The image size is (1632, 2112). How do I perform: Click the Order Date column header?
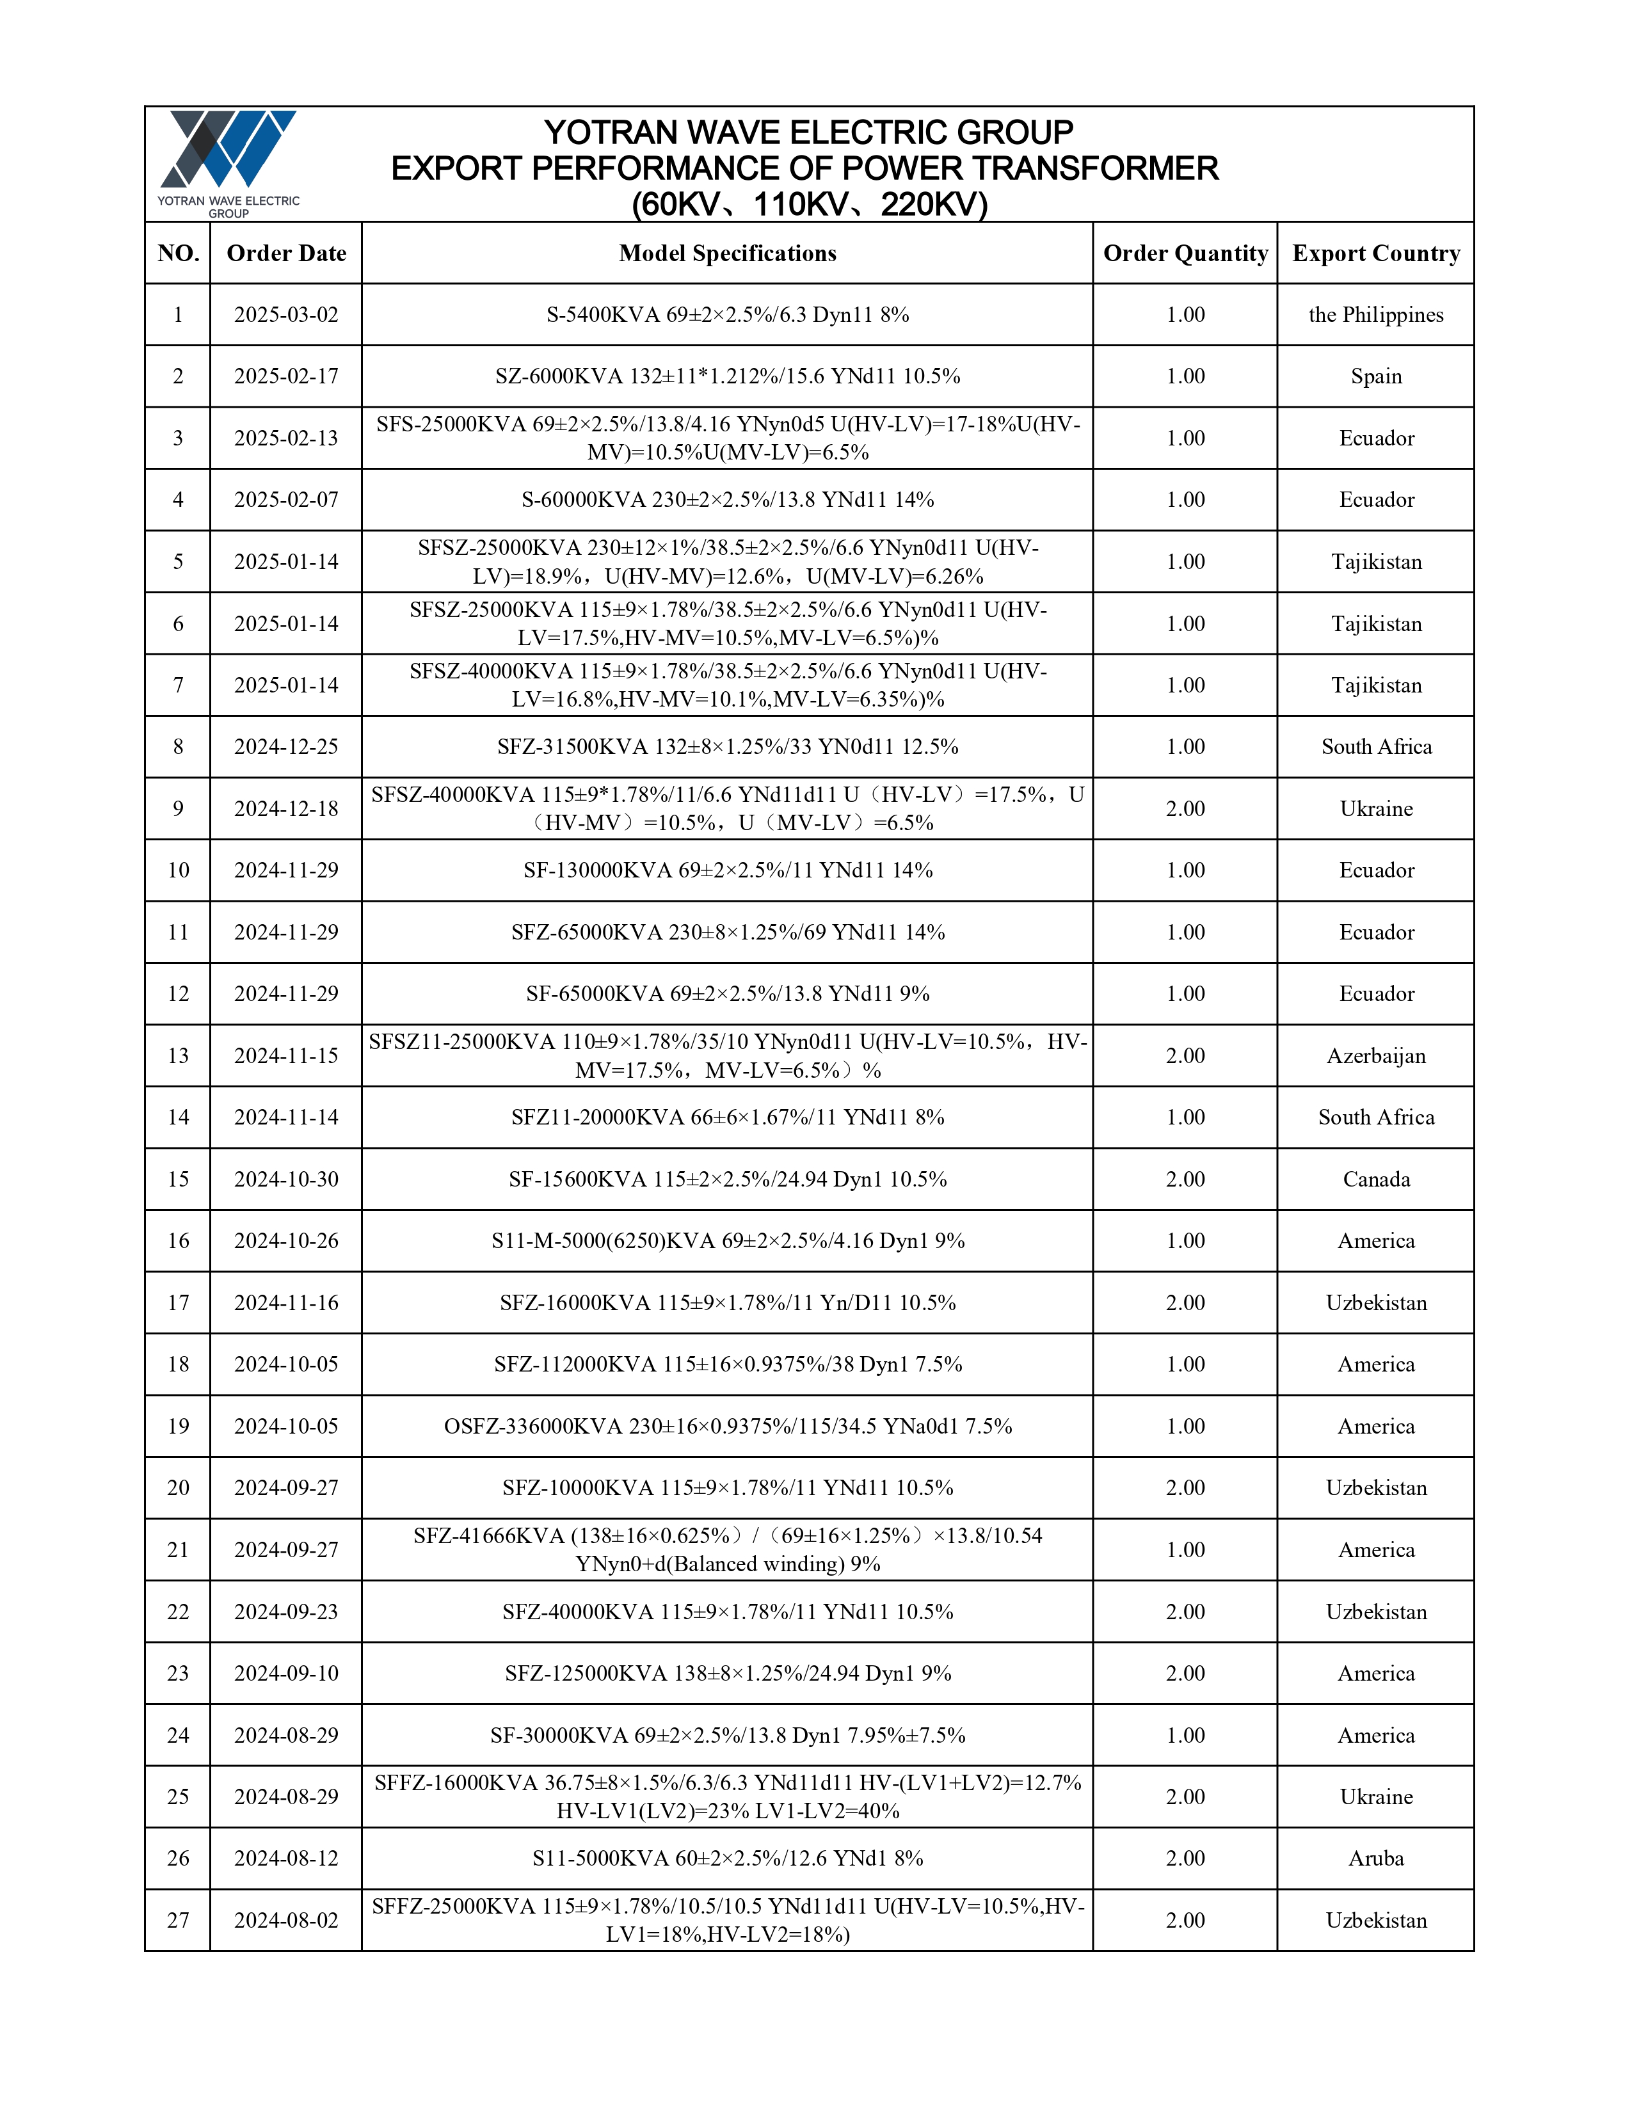tap(286, 253)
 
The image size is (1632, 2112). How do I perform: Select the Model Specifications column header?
tap(727, 253)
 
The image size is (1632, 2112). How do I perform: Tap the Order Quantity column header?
tap(1185, 253)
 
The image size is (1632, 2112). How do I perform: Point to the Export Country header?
tap(1376, 253)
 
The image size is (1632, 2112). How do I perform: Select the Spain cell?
tap(1376, 376)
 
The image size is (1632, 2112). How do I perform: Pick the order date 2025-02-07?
tap(286, 500)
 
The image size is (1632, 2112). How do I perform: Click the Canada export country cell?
tap(1376, 1179)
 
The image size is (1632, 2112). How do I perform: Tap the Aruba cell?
tap(1376, 1858)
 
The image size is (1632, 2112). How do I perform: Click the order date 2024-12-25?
tap(286, 746)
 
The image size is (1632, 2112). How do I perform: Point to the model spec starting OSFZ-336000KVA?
tap(727, 1427)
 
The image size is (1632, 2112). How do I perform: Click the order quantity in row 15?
tap(1185, 1179)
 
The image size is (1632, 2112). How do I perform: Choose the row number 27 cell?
tap(178, 1919)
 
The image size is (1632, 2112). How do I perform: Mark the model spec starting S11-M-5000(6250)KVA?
tap(727, 1241)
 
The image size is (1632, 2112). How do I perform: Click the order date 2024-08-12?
tap(286, 1858)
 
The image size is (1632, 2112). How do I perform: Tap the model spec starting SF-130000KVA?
tap(727, 870)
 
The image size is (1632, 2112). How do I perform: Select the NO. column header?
tap(178, 253)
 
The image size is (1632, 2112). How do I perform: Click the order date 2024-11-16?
tap(286, 1302)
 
